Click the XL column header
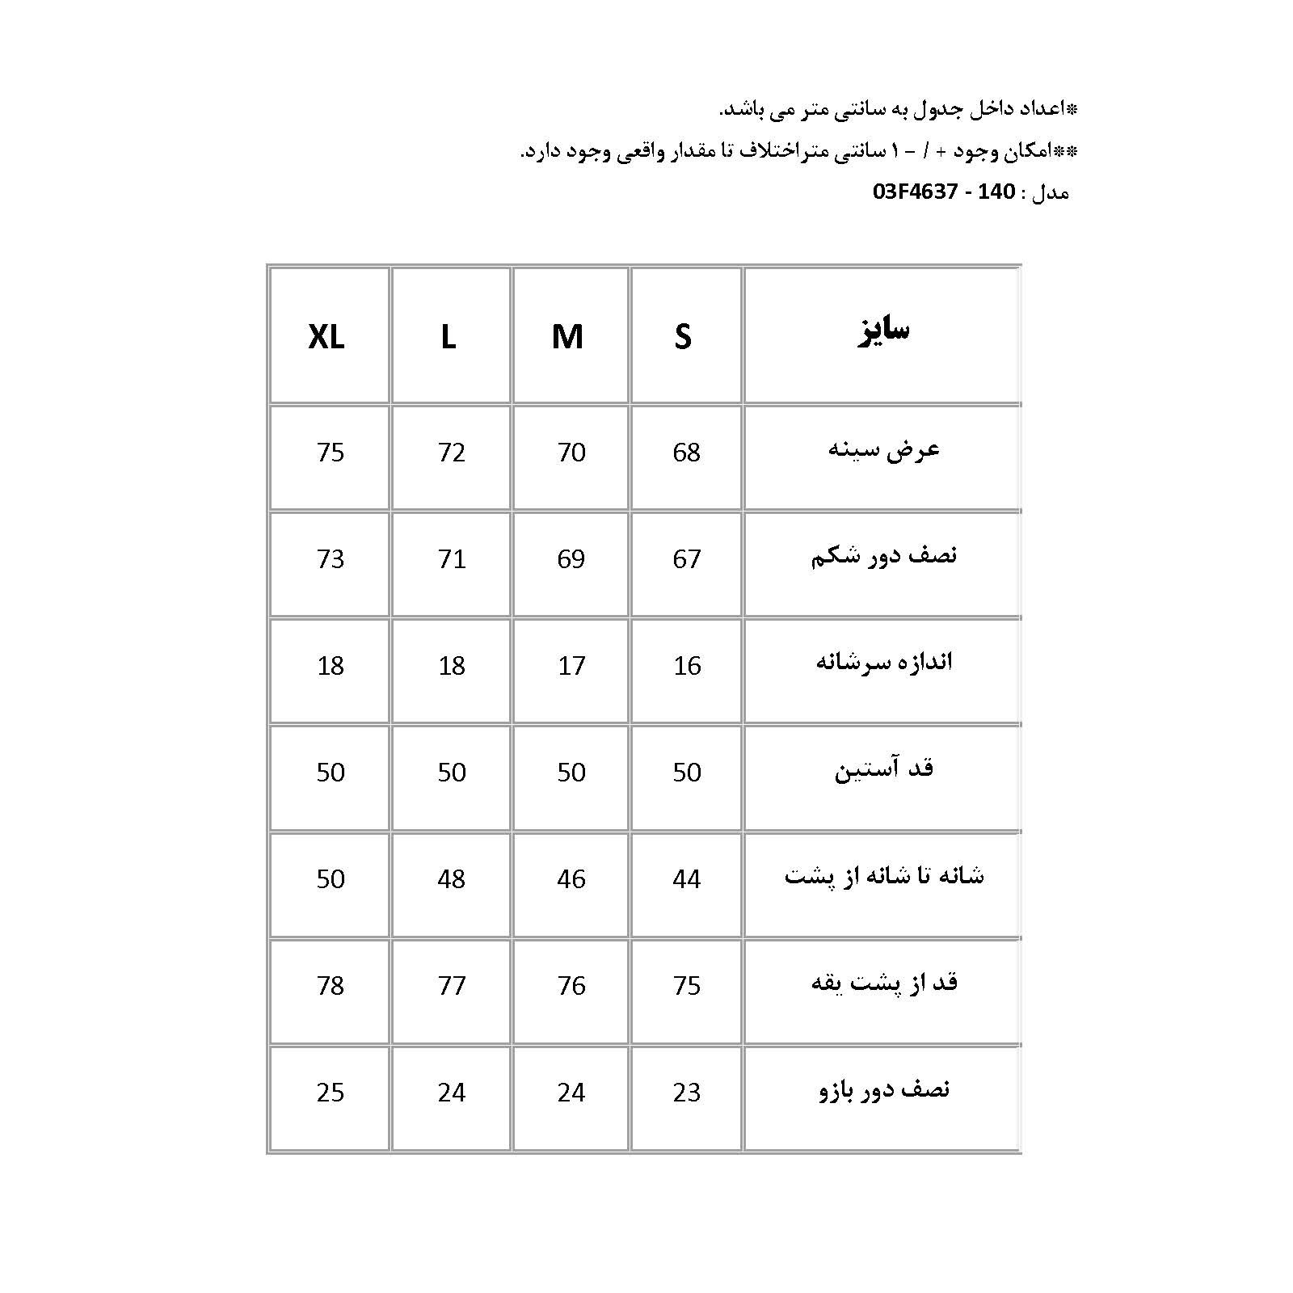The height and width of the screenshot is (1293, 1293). pos(326,336)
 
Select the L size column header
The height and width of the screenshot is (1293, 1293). pos(449,336)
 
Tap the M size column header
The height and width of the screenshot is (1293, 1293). pos(567,336)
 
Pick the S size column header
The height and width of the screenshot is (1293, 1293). pos(684,336)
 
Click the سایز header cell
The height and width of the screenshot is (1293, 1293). pos(883,331)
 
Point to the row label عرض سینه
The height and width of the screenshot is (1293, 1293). pos(884,450)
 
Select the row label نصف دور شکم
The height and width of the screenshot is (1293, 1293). pos(884,557)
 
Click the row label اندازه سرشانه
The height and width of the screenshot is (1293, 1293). pos(884,663)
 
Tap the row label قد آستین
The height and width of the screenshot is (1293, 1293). pos(884,769)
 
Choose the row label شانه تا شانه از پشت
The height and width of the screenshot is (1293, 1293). pos(884,876)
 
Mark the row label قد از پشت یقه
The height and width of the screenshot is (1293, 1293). pos(884,983)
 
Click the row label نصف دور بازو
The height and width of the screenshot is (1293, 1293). pos(884,1090)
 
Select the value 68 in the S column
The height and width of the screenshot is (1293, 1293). pos(686,453)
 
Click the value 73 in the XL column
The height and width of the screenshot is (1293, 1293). pos(331,559)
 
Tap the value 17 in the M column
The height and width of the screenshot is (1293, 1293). pos(571,666)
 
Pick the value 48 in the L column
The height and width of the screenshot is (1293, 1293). pos(452,879)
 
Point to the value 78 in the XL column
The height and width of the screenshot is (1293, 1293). pos(331,986)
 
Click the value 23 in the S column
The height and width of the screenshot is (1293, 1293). pos(686,1093)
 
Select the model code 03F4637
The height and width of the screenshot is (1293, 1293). pos(915,192)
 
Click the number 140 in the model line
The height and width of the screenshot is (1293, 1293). pos(996,192)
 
